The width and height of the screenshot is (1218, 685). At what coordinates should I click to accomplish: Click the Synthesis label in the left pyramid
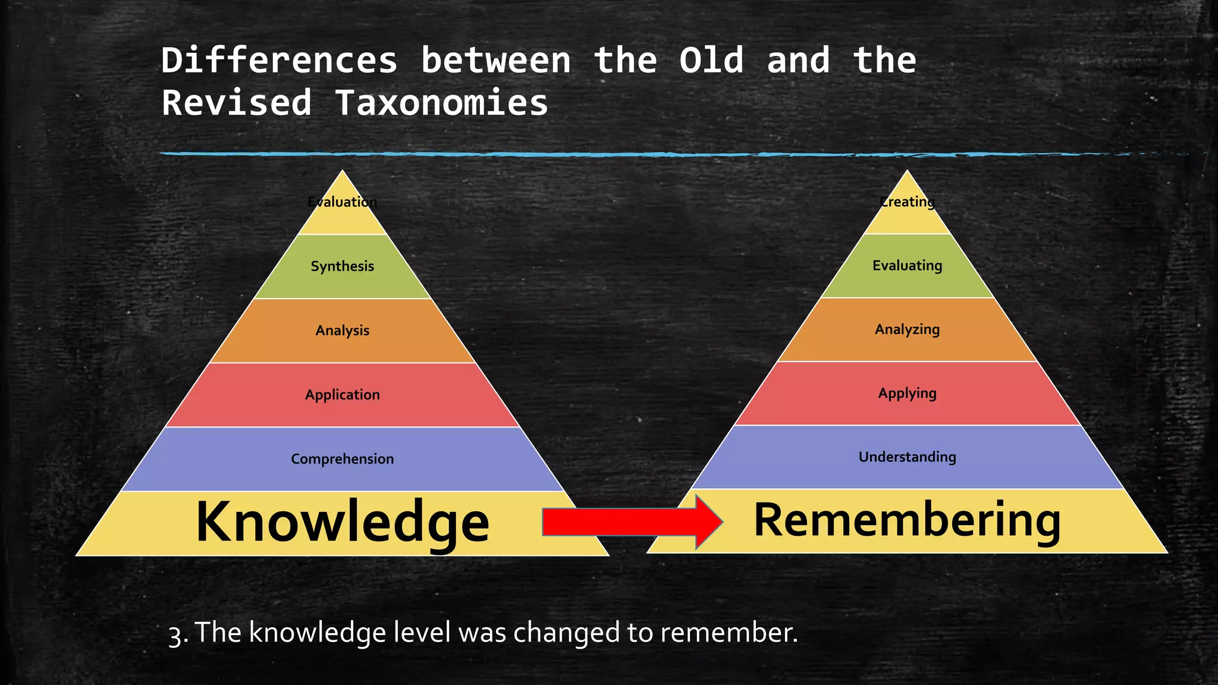342,266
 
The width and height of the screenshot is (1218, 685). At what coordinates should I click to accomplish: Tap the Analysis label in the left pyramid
342,330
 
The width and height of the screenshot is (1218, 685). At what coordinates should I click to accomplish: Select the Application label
342,394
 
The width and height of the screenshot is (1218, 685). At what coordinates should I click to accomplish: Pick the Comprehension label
342,458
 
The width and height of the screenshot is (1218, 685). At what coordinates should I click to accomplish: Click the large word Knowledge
342,522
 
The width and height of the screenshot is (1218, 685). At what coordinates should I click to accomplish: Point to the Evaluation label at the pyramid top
342,202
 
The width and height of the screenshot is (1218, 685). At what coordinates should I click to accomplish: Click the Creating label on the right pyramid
907,202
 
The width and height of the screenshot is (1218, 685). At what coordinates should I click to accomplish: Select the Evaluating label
907,265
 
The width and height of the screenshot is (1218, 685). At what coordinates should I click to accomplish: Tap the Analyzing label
907,329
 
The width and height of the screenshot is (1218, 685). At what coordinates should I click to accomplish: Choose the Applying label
907,393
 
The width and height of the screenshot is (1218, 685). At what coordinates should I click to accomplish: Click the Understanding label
907,457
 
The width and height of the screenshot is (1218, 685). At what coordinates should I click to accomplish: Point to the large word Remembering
907,520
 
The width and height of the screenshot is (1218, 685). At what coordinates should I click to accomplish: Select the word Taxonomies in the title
441,102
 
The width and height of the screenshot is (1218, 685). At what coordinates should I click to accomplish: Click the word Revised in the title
236,102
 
